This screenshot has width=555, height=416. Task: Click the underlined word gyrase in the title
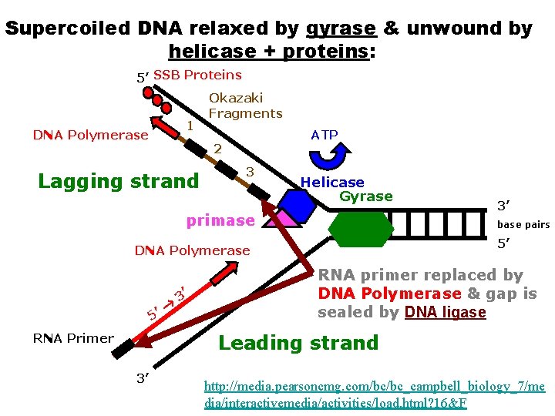[x=341, y=29]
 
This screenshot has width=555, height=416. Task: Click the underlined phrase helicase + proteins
[x=269, y=52]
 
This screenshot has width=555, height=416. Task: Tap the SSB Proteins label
[x=197, y=75]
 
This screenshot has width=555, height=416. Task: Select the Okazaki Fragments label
[x=245, y=106]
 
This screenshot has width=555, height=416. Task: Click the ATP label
[x=325, y=135]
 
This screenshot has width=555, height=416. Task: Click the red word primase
[x=220, y=220]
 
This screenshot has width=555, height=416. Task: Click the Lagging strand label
[x=119, y=182]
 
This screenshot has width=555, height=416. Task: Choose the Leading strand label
[x=298, y=343]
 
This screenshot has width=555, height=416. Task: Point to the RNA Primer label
[x=73, y=338]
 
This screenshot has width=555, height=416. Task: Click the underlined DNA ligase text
[x=445, y=312]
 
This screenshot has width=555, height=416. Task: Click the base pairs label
[x=523, y=225]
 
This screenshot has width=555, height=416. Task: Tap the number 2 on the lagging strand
[x=217, y=149]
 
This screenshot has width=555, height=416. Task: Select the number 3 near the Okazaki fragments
[x=250, y=171]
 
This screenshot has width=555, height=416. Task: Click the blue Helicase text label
[x=332, y=183]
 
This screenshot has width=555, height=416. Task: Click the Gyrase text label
[x=366, y=196]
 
